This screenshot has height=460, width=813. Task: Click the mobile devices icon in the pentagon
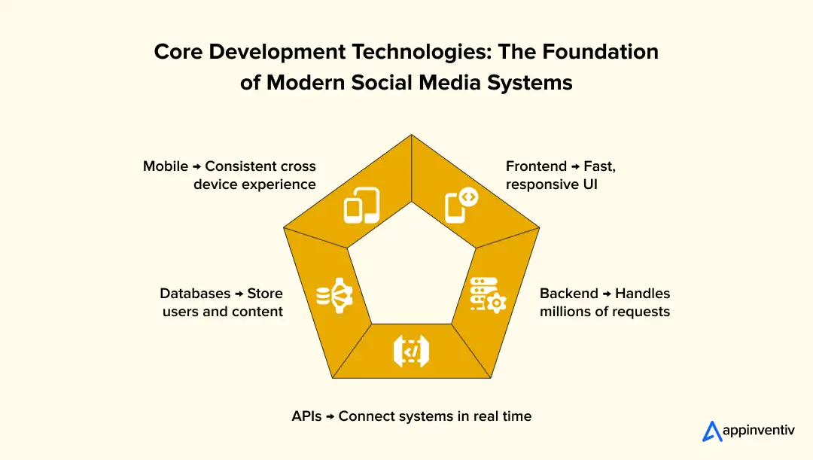pyautogui.click(x=361, y=206)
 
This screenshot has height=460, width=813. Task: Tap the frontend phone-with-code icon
pyautogui.click(x=461, y=206)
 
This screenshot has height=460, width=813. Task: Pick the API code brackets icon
pyautogui.click(x=411, y=351)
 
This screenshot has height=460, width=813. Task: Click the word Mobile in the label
pyautogui.click(x=166, y=166)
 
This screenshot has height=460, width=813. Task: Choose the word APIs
pyautogui.click(x=307, y=416)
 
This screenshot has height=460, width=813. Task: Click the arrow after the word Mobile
pyautogui.click(x=197, y=167)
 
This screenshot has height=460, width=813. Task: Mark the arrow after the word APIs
pyautogui.click(x=330, y=417)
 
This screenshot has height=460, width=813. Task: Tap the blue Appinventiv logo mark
pyautogui.click(x=711, y=431)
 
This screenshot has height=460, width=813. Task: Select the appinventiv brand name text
pyautogui.click(x=759, y=431)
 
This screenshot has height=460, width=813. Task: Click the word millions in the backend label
pyautogui.click(x=567, y=312)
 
